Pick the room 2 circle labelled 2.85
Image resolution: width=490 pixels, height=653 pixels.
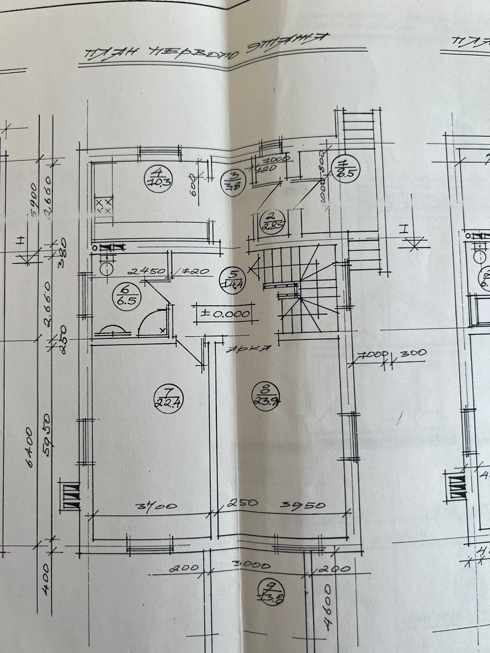click(269, 221)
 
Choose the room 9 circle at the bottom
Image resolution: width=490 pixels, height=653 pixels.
click(271, 591)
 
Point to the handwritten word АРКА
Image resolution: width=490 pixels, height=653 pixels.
click(250, 349)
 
